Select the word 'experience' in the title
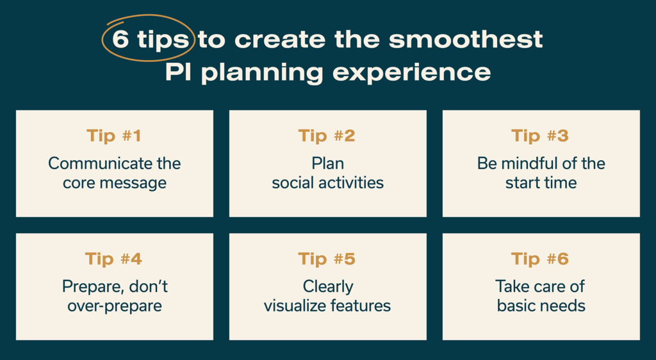click(411, 72)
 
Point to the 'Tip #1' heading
click(114, 136)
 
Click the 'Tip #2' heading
click(327, 136)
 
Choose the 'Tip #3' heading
click(541, 136)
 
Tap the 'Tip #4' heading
click(114, 259)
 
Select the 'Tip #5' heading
click(327, 259)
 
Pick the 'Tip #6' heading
click(541, 259)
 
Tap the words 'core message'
click(114, 183)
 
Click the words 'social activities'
click(327, 183)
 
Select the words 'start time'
click(541, 183)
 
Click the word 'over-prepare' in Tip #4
click(114, 306)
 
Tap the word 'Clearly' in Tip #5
click(327, 286)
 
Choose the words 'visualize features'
click(327, 306)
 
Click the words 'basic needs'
click(541, 306)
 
